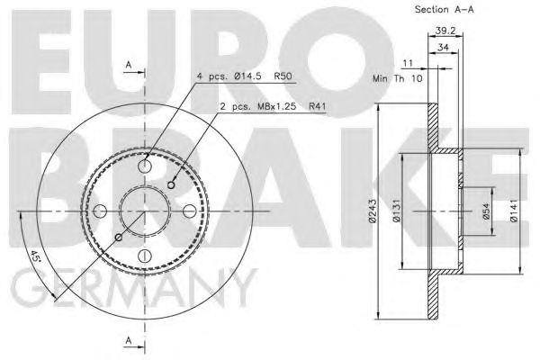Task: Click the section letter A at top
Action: point(129,65)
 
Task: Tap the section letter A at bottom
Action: point(129,340)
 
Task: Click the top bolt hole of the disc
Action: point(145,166)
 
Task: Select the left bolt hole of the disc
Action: point(101,211)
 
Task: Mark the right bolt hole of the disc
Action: point(189,211)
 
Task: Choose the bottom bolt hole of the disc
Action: point(145,256)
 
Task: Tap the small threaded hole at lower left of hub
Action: point(119,238)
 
